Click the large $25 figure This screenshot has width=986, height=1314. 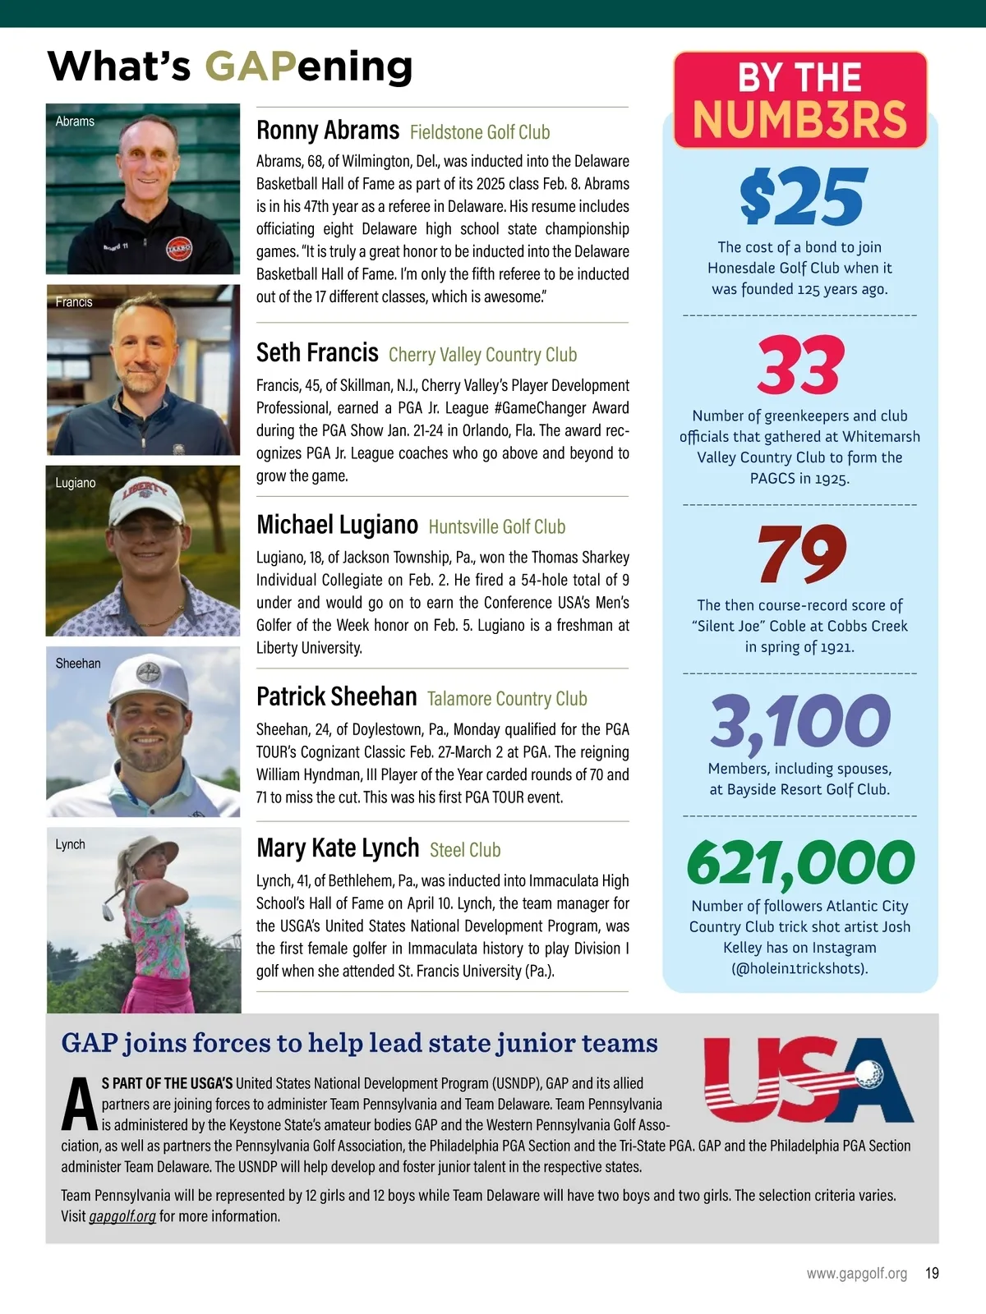(801, 197)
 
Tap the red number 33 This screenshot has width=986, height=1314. (800, 365)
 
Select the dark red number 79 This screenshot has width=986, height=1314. (801, 554)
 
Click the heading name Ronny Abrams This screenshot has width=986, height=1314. (328, 131)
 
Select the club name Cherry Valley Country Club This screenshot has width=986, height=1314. (482, 355)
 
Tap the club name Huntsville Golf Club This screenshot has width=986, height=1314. (497, 527)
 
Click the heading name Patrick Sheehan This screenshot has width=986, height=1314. (337, 697)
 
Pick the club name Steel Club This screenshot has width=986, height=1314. (465, 850)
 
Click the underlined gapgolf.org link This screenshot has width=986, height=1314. (122, 1216)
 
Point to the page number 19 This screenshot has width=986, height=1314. (932, 1274)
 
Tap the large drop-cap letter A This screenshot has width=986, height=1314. (80, 1105)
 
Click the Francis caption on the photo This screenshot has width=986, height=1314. (74, 302)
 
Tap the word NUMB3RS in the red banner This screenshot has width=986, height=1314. (799, 120)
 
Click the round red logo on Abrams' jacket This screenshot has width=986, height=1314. (179, 249)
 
